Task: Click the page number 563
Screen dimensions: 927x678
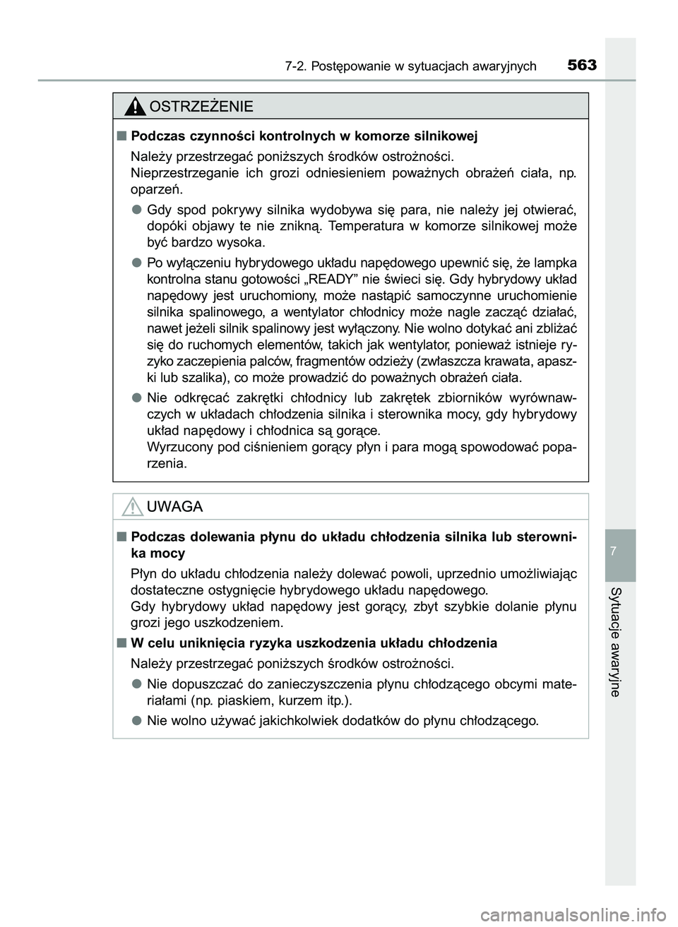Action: pyautogui.click(x=581, y=66)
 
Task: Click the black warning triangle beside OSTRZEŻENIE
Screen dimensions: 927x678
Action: pyautogui.click(x=133, y=107)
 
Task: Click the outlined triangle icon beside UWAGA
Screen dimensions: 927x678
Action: pyautogui.click(x=133, y=507)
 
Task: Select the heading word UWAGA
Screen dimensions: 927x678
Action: pyautogui.click(x=175, y=507)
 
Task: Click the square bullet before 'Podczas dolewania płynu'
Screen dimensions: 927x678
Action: pyautogui.click(x=123, y=537)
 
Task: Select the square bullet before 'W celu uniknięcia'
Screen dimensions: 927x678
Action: pyautogui.click(x=123, y=642)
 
